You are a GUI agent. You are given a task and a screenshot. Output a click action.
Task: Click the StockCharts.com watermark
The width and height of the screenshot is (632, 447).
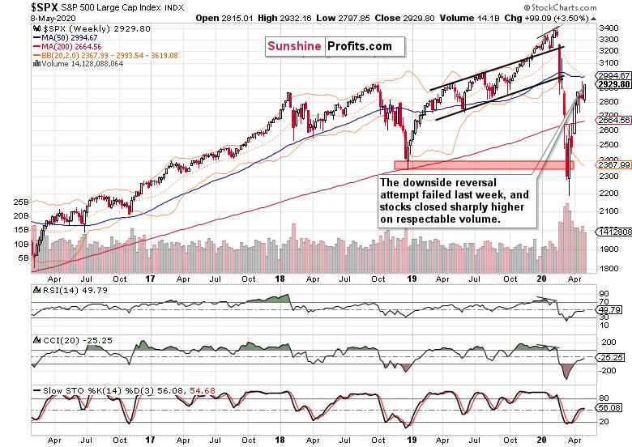point(560,7)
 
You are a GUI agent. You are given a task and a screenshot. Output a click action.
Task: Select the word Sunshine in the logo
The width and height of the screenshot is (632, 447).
point(294,46)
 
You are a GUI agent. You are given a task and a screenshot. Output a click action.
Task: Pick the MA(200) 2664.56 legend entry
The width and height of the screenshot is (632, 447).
point(68,47)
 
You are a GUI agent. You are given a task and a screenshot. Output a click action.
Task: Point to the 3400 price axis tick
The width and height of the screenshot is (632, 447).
point(609,28)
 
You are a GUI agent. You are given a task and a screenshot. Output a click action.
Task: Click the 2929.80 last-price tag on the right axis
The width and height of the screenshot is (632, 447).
point(614,84)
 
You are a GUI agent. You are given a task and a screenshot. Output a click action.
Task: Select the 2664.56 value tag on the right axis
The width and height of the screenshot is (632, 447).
point(614,120)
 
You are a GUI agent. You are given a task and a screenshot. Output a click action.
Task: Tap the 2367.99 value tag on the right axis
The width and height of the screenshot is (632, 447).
point(614,164)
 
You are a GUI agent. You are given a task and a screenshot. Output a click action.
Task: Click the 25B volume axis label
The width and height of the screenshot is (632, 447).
point(21,202)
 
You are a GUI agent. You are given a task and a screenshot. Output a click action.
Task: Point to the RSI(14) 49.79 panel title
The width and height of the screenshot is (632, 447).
point(71,290)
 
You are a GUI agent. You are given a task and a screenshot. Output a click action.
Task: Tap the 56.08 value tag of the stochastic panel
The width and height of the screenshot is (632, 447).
point(609,408)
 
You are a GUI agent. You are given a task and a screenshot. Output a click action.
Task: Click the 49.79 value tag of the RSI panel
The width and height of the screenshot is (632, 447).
point(609,309)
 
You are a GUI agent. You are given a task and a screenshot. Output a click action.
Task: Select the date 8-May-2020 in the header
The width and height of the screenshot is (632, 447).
point(53,18)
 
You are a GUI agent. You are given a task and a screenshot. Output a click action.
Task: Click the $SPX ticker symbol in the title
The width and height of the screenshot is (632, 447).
point(45,7)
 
